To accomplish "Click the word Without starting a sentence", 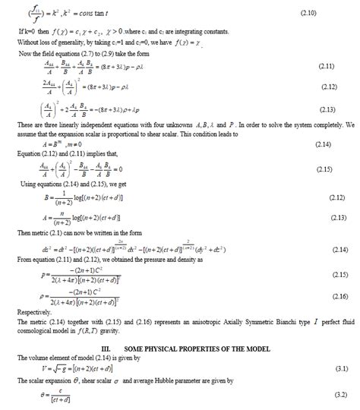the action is coord(27,43).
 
